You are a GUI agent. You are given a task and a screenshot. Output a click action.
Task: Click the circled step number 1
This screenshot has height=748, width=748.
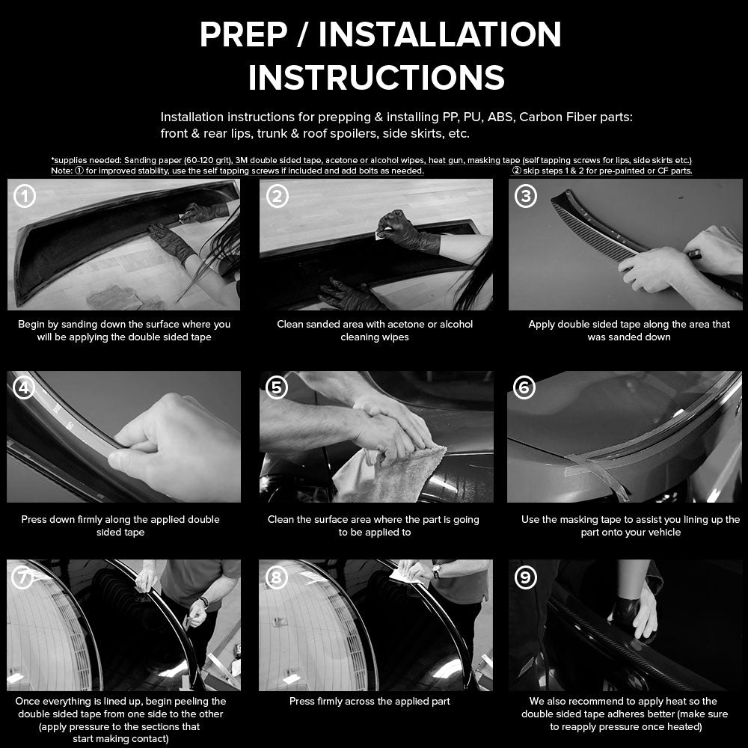(x=25, y=197)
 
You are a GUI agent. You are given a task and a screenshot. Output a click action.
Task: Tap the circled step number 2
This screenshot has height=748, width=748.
(x=278, y=197)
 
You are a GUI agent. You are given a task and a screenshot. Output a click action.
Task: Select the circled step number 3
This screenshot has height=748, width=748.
(x=527, y=197)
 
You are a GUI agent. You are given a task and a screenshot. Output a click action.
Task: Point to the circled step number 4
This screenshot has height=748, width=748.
(x=25, y=388)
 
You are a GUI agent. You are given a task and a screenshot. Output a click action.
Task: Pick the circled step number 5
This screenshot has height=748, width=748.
(x=278, y=387)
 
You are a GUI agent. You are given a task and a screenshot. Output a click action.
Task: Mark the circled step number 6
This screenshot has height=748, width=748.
(x=527, y=387)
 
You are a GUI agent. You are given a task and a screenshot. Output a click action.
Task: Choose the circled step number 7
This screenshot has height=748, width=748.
(x=25, y=577)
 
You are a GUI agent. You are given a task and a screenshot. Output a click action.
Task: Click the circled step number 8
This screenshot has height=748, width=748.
(x=278, y=577)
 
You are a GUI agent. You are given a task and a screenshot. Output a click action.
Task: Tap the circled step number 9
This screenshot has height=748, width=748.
(x=527, y=577)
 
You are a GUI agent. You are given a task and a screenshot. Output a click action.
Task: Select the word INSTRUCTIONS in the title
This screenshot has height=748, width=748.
(x=376, y=78)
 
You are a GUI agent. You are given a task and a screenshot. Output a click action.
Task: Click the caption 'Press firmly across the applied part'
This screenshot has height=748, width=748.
(x=370, y=702)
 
